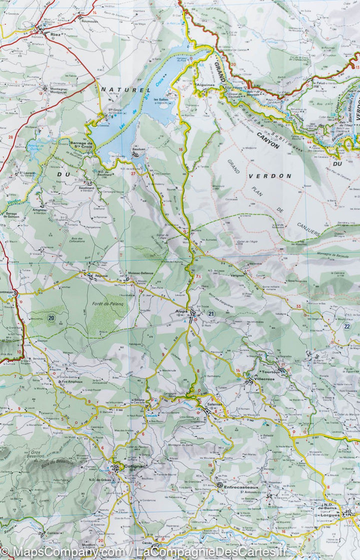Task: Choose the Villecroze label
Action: point(266,379)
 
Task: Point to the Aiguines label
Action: point(205,85)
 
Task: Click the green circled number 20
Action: point(51,318)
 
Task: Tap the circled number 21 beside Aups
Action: point(210,314)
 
